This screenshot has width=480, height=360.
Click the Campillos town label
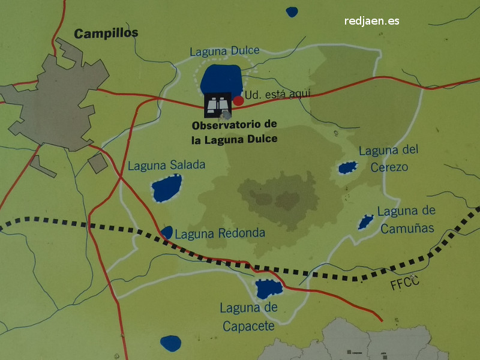click(x=106, y=33)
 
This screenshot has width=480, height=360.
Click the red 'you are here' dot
click(x=238, y=100)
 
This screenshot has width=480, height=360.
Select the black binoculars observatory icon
click(x=218, y=106)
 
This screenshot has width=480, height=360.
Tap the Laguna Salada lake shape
click(x=166, y=188)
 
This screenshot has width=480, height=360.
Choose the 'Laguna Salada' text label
click(x=167, y=165)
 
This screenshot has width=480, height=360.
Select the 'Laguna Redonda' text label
click(x=220, y=233)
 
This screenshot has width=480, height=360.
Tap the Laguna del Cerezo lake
click(x=347, y=167)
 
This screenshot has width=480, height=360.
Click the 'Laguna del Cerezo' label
click(x=387, y=158)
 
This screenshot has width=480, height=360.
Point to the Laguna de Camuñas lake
click(x=365, y=222)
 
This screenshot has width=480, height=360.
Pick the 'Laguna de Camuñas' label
click(x=406, y=219)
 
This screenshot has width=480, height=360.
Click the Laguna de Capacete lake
click(x=268, y=289)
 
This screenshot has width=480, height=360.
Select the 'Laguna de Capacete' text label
click(x=248, y=317)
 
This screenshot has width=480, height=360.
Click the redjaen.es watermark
click(x=372, y=21)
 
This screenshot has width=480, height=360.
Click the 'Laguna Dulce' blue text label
click(x=224, y=52)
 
